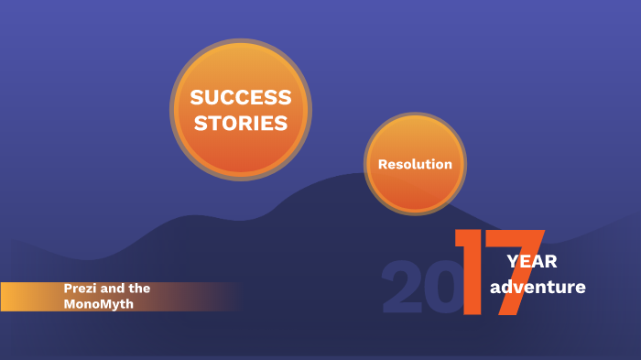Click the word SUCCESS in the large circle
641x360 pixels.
coord(241,97)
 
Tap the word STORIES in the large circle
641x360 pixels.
coord(241,122)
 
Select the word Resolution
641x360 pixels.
coord(415,165)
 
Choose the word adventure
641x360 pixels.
coord(538,288)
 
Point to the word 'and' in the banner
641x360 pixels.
coord(114,288)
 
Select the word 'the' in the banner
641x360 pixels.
coord(140,288)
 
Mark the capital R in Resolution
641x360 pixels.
coord(383,165)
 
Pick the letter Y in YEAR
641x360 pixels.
coord(513,262)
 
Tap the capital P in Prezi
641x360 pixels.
coord(68,288)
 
